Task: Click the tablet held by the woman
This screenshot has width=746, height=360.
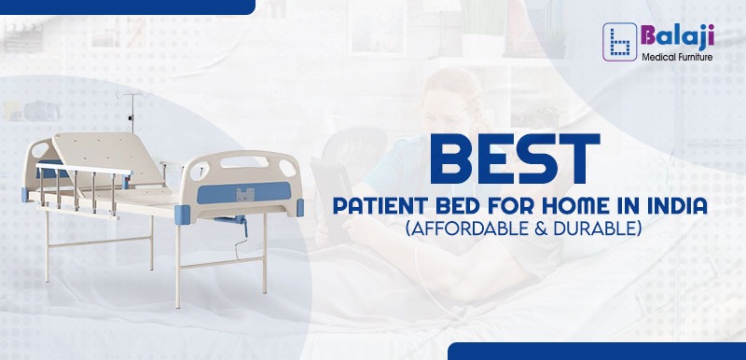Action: pos(326,186)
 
